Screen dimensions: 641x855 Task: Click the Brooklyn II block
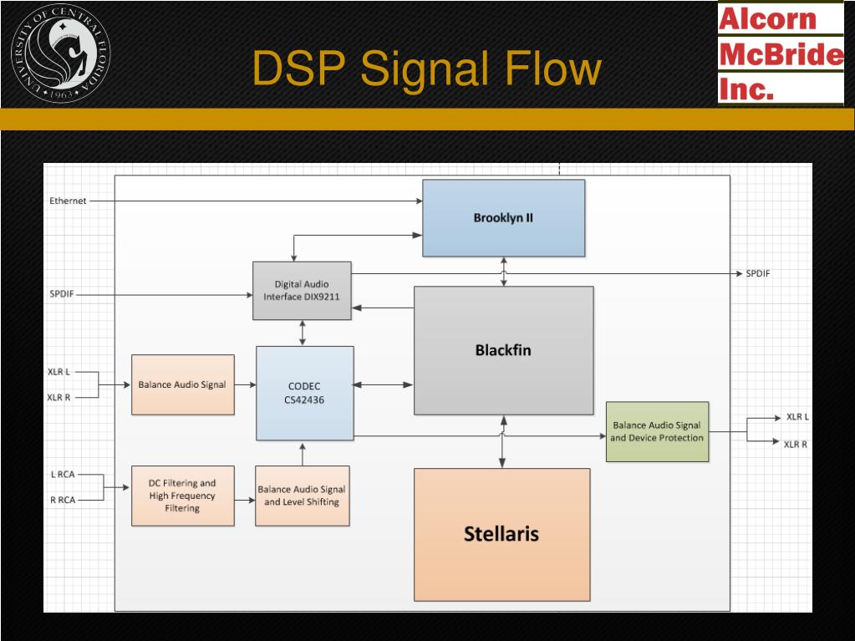[x=503, y=218]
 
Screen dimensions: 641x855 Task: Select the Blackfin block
[x=503, y=350]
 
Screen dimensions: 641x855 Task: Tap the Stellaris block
[x=501, y=534]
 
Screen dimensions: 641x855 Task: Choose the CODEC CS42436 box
[x=304, y=393]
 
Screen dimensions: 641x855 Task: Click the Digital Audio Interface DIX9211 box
[x=302, y=290]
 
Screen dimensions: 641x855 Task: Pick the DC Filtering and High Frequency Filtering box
[x=182, y=495]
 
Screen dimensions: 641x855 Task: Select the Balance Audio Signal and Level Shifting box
[x=302, y=496]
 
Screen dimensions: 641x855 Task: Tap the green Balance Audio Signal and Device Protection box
[x=657, y=431]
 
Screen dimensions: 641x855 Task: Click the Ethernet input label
[x=68, y=201]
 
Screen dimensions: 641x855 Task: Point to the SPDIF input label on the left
[x=62, y=293]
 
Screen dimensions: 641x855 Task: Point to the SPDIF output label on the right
[x=758, y=274]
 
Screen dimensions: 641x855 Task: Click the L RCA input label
[x=63, y=475]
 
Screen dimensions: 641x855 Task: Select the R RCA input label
[x=63, y=501]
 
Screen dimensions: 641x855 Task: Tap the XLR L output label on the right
[x=797, y=416]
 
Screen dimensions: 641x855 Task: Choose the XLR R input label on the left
[x=59, y=398]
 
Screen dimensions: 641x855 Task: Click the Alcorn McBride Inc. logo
[x=781, y=53]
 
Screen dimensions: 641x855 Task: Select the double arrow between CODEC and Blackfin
[x=383, y=384]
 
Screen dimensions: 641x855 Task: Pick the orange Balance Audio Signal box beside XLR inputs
[x=182, y=384]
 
